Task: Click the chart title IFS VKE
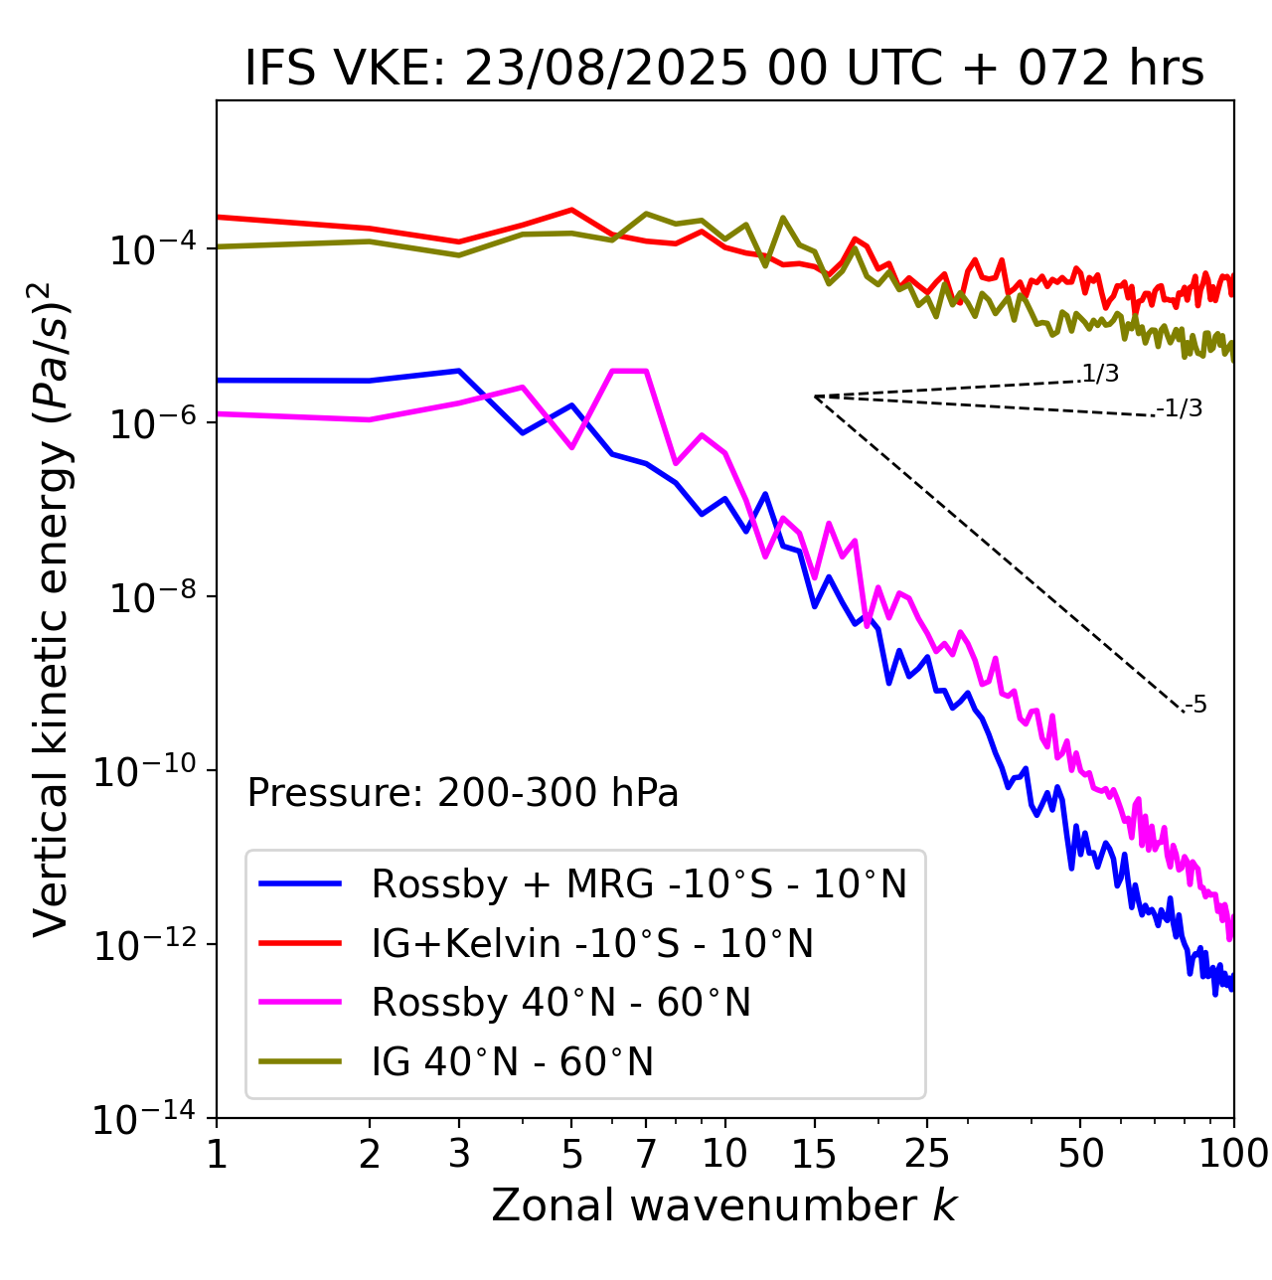pos(724,69)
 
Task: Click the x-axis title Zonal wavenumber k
pos(724,1205)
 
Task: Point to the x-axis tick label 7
pos(646,1154)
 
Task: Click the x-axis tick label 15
pos(814,1154)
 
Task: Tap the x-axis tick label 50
pos(1080,1154)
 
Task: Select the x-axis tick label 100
pos(1233,1154)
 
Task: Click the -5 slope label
pos(1195,706)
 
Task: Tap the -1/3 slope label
pos(1180,408)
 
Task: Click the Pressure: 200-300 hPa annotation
pos(463,793)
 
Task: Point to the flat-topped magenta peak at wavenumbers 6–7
pos(629,371)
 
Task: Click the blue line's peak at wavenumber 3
pos(458,371)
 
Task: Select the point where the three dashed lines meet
pos(815,397)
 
